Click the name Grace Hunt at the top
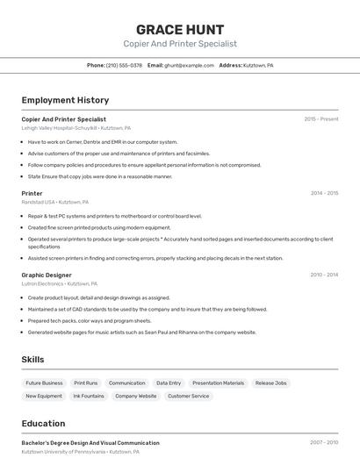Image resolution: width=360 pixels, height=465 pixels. tap(180, 29)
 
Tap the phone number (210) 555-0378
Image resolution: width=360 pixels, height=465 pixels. tap(124, 65)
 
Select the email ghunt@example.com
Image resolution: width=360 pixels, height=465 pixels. tap(189, 65)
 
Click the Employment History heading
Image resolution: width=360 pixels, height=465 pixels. tap(65, 100)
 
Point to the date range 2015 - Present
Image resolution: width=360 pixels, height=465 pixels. tap(320, 118)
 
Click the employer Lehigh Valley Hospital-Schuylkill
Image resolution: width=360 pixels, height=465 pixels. tap(59, 127)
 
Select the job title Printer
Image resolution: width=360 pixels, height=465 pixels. tap(32, 193)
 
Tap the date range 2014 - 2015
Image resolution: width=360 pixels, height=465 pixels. tap(324, 193)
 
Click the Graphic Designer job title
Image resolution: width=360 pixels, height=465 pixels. tap(47, 275)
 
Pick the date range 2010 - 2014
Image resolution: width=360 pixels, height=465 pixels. tap(324, 275)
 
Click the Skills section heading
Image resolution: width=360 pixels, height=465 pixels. tap(32, 360)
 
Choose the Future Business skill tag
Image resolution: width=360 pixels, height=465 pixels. tap(44, 383)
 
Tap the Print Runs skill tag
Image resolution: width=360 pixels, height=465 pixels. tap(86, 383)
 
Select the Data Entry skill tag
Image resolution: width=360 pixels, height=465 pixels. tap(169, 383)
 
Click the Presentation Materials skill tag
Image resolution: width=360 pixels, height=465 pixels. tap(218, 383)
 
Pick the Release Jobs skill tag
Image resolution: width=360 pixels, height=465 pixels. tap(270, 383)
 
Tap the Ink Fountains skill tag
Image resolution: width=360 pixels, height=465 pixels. tap(89, 397)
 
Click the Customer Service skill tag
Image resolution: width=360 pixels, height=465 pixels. tap(188, 397)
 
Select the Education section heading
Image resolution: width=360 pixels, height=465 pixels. tap(43, 423)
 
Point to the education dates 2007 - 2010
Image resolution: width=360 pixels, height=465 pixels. tap(324, 443)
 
